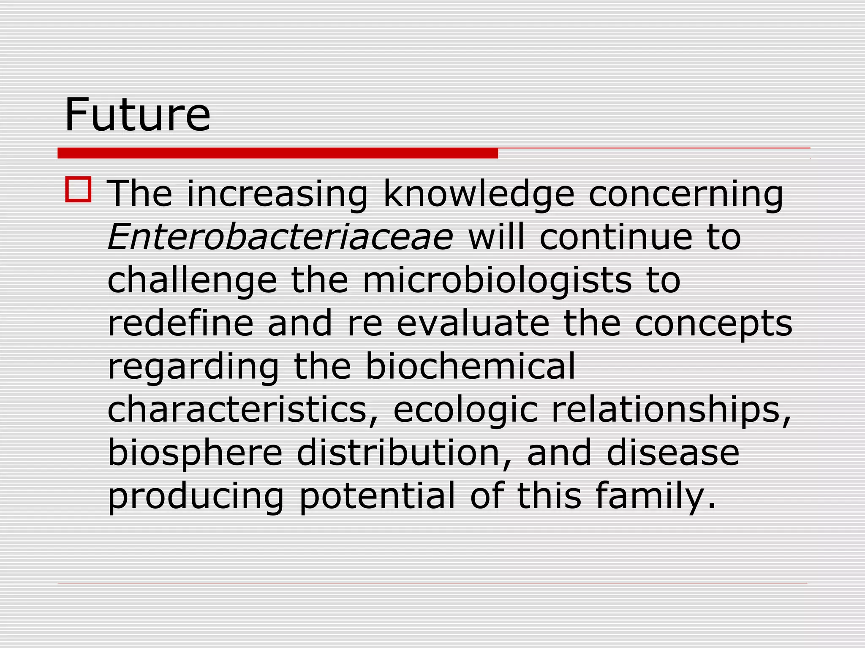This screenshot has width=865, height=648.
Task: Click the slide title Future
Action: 137,114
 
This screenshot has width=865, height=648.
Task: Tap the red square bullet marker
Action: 78,189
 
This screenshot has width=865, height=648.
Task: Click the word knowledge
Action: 479,194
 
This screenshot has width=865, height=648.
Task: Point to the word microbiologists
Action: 498,280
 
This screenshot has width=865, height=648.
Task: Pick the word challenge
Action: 192,281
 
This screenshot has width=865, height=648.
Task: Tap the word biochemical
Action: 470,366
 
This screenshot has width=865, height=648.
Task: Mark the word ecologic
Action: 465,410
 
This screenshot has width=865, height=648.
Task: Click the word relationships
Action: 671,410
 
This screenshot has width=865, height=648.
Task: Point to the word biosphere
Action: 195,453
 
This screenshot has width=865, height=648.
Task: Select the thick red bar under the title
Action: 277,153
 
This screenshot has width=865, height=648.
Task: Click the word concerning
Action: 686,194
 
